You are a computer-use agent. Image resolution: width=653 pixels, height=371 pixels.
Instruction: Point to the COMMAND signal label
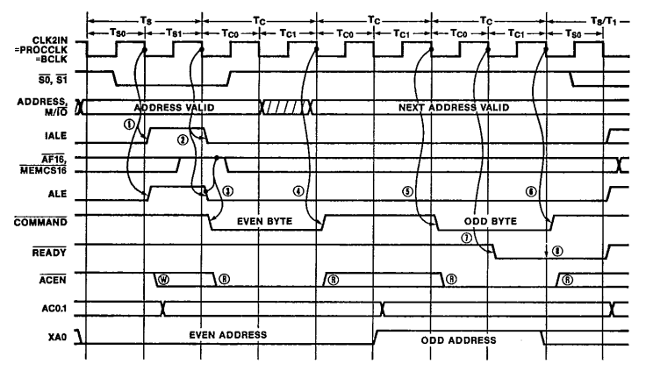43,223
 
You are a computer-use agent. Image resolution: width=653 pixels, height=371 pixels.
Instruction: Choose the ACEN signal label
55,280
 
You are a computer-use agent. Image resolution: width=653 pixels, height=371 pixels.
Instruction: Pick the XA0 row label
59,336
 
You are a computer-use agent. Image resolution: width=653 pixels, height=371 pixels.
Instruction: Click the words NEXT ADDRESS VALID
455,107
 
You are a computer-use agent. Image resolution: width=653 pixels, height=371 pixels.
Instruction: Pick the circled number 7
466,236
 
